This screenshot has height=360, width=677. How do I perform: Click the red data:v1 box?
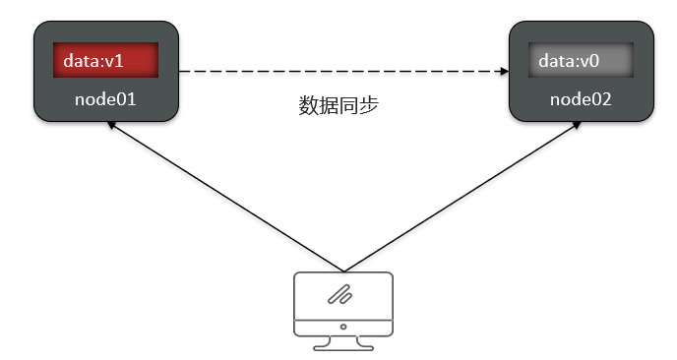[105, 61]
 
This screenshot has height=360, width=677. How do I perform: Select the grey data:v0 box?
[579, 61]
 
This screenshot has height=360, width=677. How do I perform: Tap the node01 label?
[105, 99]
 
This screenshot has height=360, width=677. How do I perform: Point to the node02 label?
[580, 99]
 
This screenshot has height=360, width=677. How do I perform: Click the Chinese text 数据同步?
[338, 105]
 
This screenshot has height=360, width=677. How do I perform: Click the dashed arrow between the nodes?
[335, 71]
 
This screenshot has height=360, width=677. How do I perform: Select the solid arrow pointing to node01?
[226, 196]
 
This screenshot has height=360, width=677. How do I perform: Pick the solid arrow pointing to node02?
[458, 196]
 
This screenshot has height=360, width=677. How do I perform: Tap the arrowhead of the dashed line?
[502, 71]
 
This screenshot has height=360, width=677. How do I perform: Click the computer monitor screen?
[343, 294]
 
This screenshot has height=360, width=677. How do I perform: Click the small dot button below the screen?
[343, 326]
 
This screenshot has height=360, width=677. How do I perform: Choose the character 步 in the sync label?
[368, 105]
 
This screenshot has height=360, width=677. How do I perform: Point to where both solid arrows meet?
[342, 270]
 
